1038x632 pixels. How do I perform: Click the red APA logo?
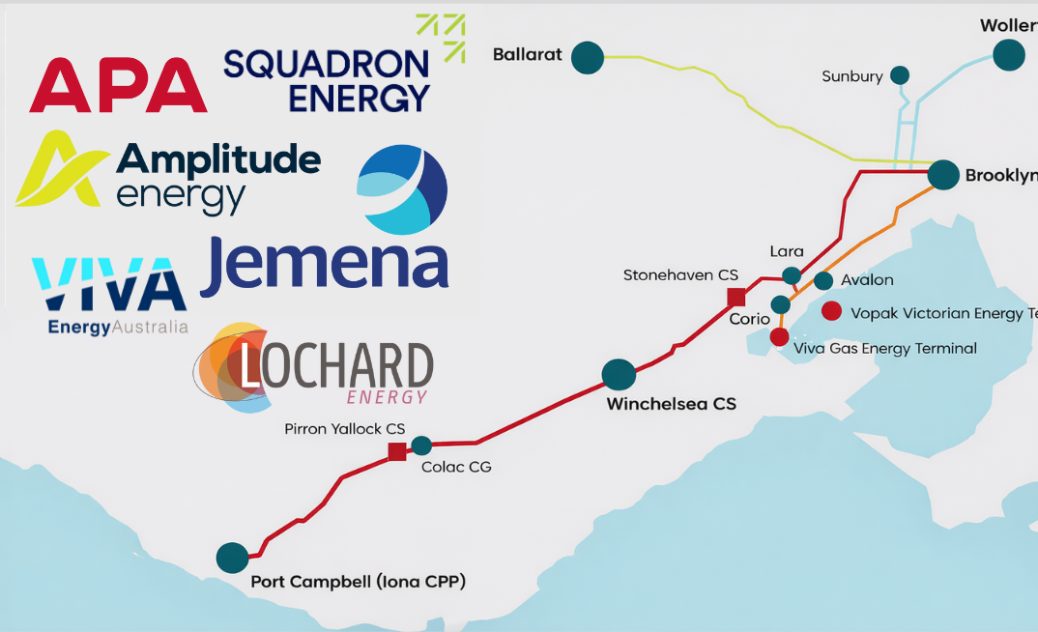coord(118,85)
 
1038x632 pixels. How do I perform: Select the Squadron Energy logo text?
coord(327,80)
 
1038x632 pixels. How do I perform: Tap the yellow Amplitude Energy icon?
coord(57,171)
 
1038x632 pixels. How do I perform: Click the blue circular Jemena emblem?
coord(402,191)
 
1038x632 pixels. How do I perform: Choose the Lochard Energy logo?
coord(314,370)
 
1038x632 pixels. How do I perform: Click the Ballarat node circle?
coord(587,57)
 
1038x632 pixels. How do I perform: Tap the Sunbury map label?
coord(851,76)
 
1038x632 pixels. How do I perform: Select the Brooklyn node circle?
coord(943,175)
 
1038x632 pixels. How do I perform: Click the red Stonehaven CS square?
coord(736,298)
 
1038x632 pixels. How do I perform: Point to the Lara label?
coord(786,252)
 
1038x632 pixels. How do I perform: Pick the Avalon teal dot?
coord(823,281)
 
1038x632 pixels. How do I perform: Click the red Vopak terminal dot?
coord(831,312)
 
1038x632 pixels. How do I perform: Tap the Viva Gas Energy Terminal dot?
coord(779,336)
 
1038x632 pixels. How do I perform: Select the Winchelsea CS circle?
coord(619,374)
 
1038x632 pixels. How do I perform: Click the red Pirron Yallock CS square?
coord(396,451)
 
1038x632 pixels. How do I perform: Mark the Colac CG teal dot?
coord(421,445)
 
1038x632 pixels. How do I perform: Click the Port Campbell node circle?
coord(232,558)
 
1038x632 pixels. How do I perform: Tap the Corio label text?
coord(750,319)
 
